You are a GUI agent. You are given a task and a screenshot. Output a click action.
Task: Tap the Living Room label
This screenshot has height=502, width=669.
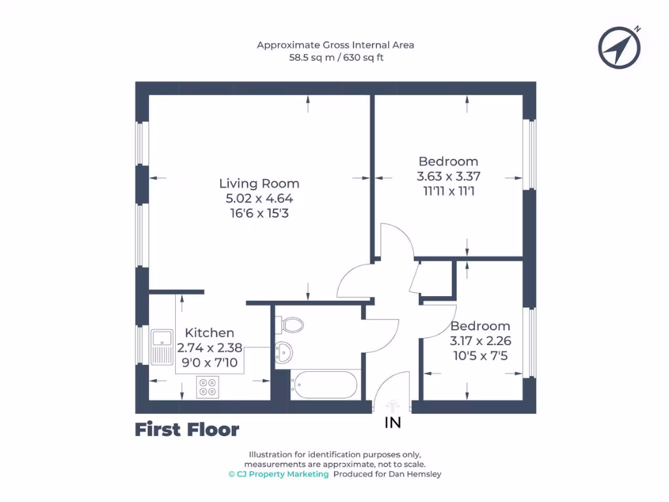pos(259,184)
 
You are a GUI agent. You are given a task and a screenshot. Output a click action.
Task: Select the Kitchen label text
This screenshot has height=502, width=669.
pos(209,333)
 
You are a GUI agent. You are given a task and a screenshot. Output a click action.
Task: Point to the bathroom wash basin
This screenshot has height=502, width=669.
pos(284,352)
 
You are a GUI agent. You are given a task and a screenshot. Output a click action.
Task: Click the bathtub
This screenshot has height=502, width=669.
pos(325,384)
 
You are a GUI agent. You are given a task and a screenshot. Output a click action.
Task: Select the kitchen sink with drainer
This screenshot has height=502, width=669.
pos(161,346)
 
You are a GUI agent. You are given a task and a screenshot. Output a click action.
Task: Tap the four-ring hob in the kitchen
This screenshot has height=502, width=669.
pos(208,388)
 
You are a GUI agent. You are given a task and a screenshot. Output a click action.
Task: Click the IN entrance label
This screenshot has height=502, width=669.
pos(393,423)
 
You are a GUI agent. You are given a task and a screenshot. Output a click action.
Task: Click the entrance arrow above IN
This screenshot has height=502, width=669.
pos(393,405)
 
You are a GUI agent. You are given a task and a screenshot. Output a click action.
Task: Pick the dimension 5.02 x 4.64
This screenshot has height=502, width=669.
pos(259,198)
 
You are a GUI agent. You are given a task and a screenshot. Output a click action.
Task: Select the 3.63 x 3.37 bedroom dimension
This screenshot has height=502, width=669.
pos(448,176)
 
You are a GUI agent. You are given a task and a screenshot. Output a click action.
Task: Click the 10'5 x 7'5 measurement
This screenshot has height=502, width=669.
pos(480,356)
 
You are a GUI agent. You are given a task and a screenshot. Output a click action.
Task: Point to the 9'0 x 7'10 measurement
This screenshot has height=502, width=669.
pos(209,362)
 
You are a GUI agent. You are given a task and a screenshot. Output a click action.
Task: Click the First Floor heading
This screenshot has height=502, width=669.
pos(187,429)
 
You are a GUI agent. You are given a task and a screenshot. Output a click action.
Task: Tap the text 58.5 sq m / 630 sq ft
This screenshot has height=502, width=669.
pos(335,58)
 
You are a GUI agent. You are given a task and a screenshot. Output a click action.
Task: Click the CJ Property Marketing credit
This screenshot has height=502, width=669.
pos(278,474)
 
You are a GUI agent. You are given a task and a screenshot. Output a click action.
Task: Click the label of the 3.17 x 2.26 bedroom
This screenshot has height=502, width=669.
pos(480,326)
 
